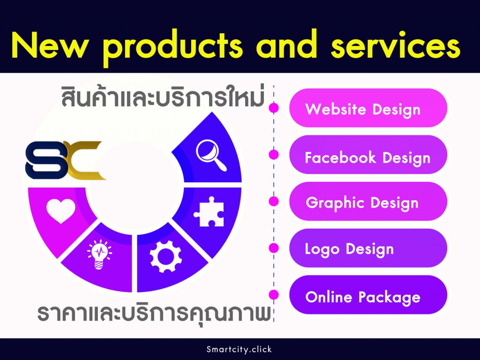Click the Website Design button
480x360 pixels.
tap(368, 108)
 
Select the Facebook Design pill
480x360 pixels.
tap(368, 155)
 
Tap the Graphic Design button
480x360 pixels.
tap(368, 202)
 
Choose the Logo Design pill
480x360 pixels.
tap(368, 248)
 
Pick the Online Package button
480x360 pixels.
tap(368, 295)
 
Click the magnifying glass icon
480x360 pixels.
tap(211, 155)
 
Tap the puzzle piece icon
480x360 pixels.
tap(209, 211)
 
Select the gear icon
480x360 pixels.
tap(165, 256)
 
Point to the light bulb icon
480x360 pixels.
tap(99, 255)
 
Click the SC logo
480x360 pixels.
tap(65, 160)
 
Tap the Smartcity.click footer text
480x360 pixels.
tap(239, 349)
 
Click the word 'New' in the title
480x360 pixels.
tap(49, 46)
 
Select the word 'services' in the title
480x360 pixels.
tap(396, 46)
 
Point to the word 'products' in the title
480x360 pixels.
tap(173, 47)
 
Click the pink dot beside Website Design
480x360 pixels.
tap(274, 108)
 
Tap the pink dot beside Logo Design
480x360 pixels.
tap(274, 248)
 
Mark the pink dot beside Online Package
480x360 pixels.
tap(274, 295)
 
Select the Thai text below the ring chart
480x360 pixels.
tap(154, 314)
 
